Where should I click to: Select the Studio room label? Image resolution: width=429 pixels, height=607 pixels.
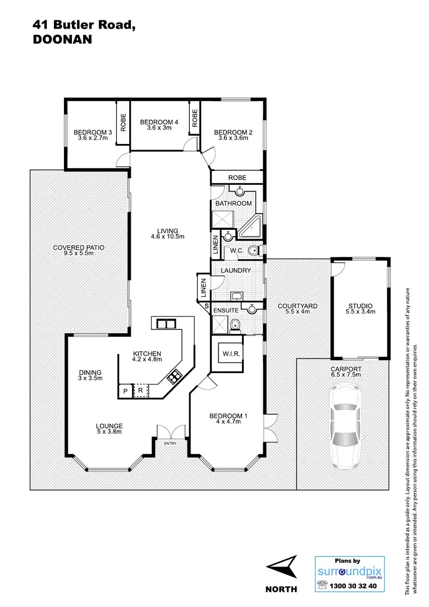click(x=360, y=306)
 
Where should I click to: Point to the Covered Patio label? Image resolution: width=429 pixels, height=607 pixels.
click(x=79, y=247)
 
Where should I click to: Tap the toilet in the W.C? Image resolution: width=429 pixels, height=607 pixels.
click(x=254, y=251)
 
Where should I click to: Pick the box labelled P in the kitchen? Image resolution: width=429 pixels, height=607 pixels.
click(x=125, y=390)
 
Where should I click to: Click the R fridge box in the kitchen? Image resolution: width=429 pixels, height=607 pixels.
click(x=140, y=390)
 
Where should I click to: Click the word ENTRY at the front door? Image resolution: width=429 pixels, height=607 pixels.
click(x=170, y=444)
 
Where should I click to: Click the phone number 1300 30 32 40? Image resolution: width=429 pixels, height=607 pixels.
click(x=355, y=585)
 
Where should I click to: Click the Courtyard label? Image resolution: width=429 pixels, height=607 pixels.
click(x=298, y=306)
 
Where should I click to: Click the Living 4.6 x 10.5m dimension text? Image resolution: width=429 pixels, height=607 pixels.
click(x=167, y=237)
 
